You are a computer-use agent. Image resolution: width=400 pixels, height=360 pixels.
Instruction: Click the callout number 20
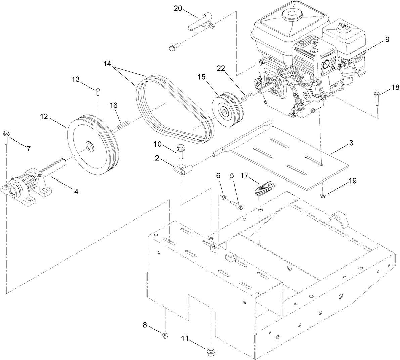178,8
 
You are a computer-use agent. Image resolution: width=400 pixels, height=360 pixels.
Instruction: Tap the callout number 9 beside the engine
387,39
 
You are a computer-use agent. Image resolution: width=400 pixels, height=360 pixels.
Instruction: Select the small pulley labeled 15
227,111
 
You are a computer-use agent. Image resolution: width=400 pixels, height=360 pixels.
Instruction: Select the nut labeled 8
165,335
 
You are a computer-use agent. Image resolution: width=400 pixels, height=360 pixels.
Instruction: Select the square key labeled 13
97,91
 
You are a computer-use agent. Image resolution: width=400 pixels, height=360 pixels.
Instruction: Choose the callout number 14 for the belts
107,63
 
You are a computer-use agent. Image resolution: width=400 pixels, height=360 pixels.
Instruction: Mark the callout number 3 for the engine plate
351,143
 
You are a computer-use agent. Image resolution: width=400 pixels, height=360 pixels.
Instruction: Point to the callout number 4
76,191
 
